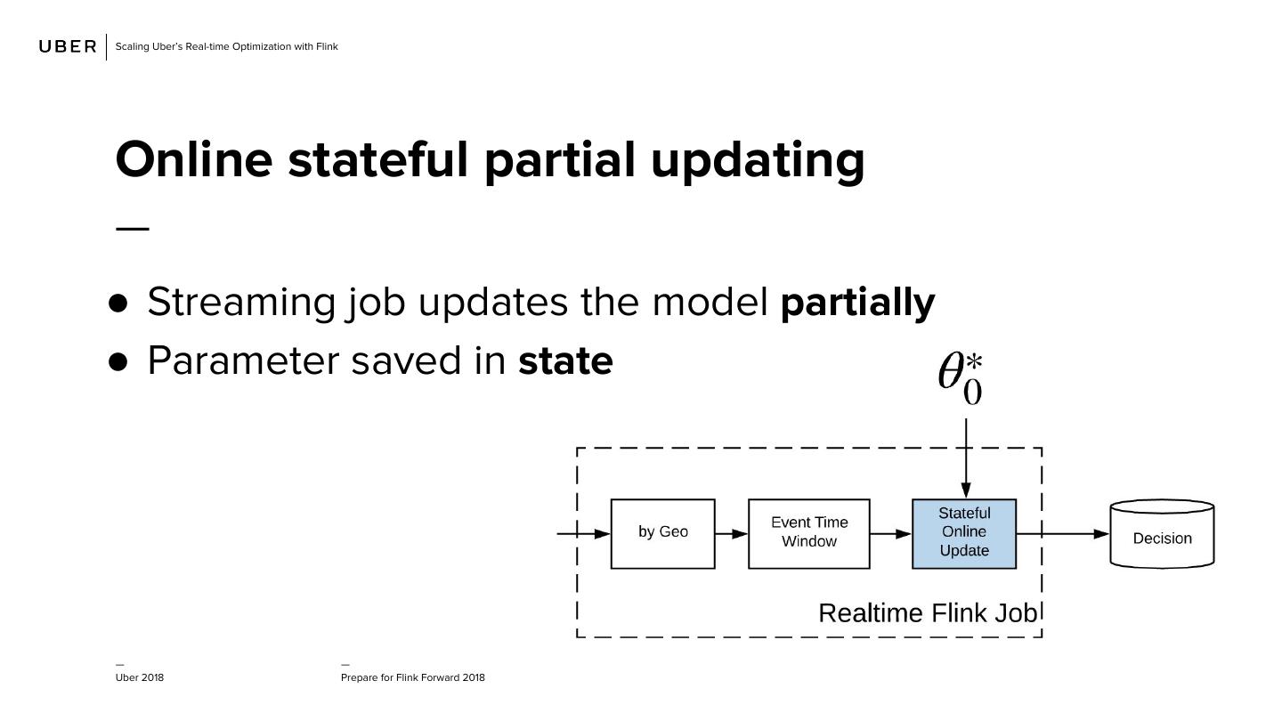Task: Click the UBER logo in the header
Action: pyautogui.click(x=68, y=46)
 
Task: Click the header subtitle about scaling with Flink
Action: pyautogui.click(x=226, y=46)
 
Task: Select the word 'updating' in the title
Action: pyautogui.click(x=757, y=160)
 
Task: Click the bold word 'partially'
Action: pyautogui.click(x=856, y=302)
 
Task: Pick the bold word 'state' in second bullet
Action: pyautogui.click(x=565, y=360)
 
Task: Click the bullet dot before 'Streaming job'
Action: pyautogui.click(x=118, y=303)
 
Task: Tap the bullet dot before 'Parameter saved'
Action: pyautogui.click(x=118, y=361)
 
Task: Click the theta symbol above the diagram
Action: pyautogui.click(x=961, y=378)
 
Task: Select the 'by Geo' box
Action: pyautogui.click(x=662, y=533)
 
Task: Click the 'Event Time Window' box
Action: pyautogui.click(x=808, y=533)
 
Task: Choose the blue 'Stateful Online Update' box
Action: pyautogui.click(x=964, y=533)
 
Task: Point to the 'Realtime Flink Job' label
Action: pyautogui.click(x=927, y=613)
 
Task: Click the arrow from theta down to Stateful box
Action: pyautogui.click(x=966, y=458)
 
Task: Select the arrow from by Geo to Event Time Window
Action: pyautogui.click(x=731, y=534)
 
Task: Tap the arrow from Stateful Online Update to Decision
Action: pyautogui.click(x=1063, y=534)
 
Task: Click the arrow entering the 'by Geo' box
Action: pyautogui.click(x=584, y=534)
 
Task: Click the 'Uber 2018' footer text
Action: pyautogui.click(x=140, y=677)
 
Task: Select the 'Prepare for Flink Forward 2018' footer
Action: pyautogui.click(x=413, y=677)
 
